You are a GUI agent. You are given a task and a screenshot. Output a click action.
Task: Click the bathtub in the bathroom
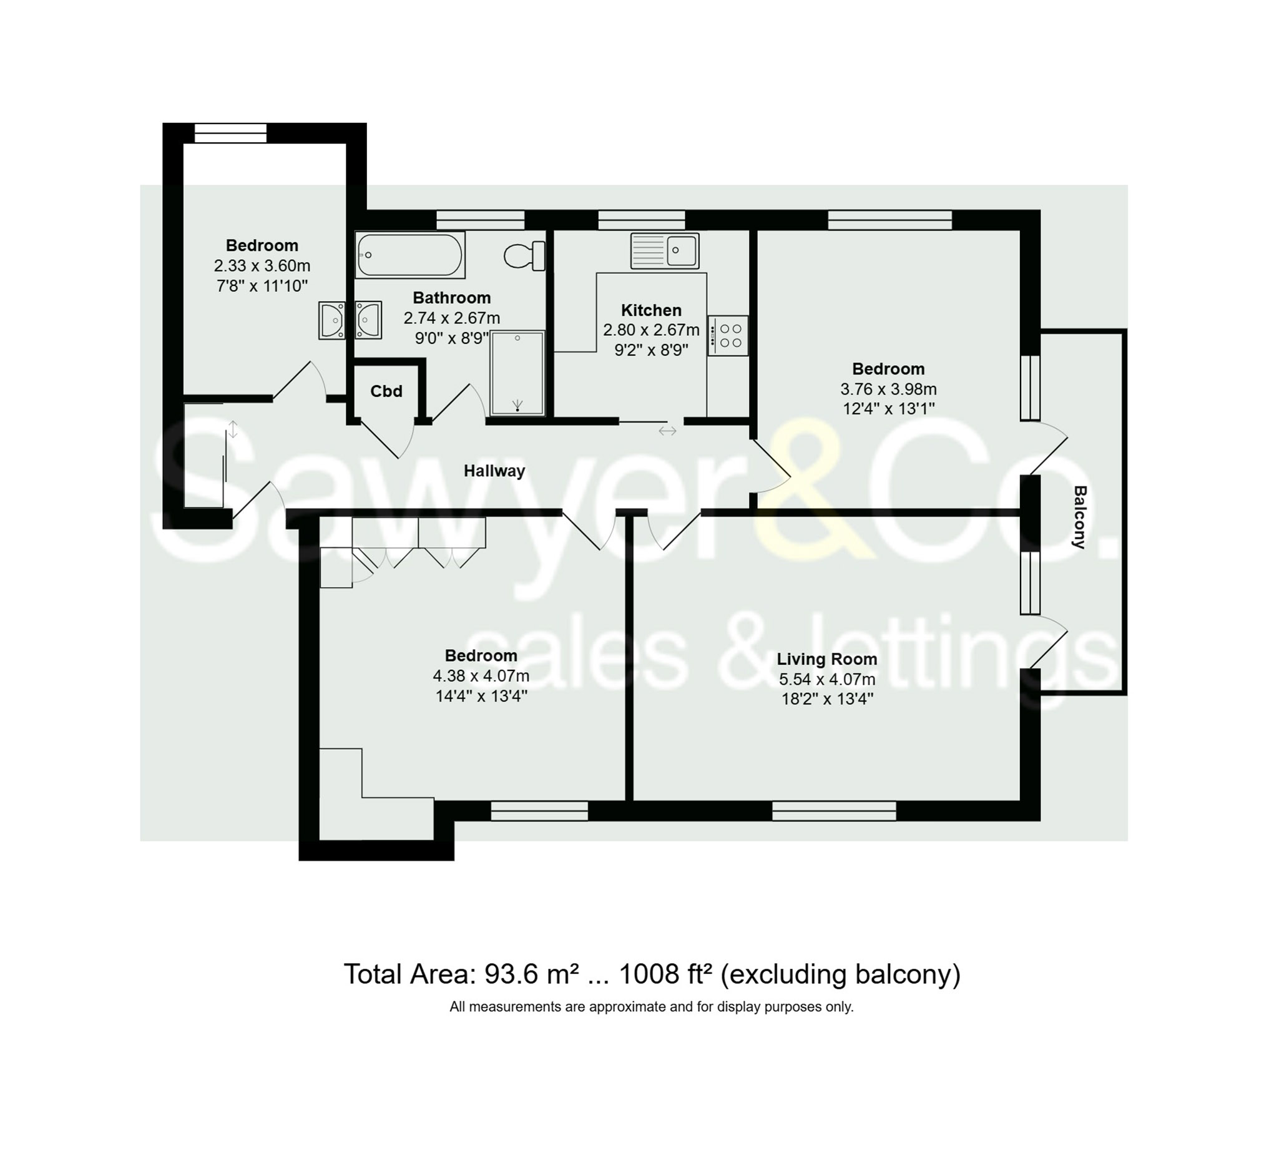[410, 255]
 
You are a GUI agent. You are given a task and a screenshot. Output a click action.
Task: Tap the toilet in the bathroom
[525, 255]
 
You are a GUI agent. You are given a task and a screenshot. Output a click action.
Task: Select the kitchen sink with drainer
[665, 251]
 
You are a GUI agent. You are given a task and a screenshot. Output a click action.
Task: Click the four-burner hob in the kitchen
[728, 335]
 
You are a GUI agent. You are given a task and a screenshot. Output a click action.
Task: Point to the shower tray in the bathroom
[517, 373]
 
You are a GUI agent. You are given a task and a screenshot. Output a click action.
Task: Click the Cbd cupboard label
[386, 391]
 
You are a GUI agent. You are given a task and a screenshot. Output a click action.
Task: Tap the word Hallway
[494, 471]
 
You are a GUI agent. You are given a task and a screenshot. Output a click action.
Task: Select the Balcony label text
[1079, 517]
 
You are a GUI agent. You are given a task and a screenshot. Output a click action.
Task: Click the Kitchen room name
[651, 310]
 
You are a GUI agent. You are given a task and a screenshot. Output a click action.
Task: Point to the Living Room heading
[826, 659]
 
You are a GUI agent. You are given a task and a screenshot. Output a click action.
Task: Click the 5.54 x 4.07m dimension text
[827, 679]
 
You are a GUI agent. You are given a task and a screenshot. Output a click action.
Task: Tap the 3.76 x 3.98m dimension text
[888, 389]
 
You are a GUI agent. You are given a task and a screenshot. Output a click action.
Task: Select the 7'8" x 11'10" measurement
[262, 286]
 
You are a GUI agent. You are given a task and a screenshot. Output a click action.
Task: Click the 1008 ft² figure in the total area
[666, 974]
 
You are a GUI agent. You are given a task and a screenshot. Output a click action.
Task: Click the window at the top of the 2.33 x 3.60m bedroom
[230, 133]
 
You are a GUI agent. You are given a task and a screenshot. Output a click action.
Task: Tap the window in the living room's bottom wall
[834, 811]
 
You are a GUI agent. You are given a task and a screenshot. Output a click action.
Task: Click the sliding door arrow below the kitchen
[667, 431]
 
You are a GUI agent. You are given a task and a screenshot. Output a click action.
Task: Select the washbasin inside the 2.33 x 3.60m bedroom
[331, 320]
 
